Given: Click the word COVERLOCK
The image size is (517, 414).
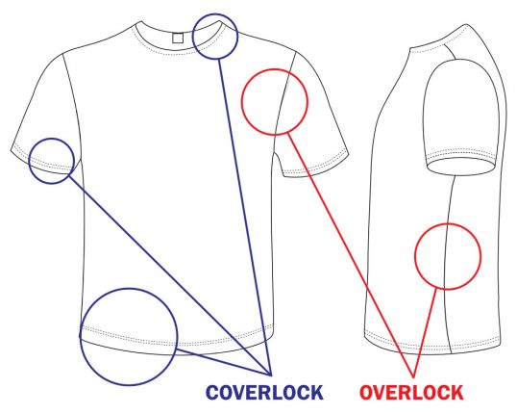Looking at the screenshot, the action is pos(264,393).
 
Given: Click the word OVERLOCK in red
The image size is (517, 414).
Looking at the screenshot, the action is pos(411,393).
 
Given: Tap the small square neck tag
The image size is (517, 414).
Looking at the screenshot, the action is pos(178,38).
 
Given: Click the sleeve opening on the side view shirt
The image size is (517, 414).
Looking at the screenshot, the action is pos(461,167).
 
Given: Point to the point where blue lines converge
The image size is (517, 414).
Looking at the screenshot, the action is pos(271,375).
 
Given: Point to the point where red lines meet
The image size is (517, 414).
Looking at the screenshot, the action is pos(413,376).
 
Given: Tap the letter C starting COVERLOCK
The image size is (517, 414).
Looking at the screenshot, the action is pos(212,393).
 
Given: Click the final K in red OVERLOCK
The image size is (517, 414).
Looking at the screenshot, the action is pos(457,393).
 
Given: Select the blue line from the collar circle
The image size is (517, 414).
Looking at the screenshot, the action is pos(244,218).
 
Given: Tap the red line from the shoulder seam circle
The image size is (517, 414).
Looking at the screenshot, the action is pos(351,254).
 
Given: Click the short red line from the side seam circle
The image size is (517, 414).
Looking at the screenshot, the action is pos(425,333).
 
